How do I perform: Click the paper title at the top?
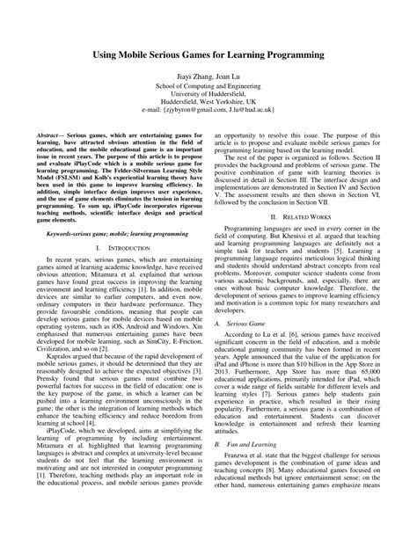[x=208, y=55]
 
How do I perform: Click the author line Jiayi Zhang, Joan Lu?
[x=208, y=76]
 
